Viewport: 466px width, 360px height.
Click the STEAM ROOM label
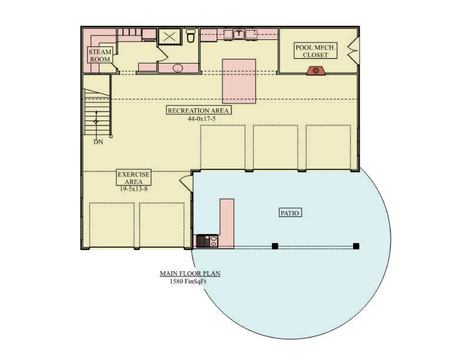(x=100, y=55)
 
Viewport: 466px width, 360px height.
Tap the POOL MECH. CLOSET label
(x=315, y=51)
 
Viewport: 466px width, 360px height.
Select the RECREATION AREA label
(x=198, y=111)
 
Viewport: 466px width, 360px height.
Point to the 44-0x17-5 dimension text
(x=202, y=119)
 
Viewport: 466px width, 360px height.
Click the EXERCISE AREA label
(x=133, y=178)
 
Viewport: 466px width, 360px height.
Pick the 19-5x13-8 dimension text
(x=134, y=189)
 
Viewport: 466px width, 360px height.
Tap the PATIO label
(x=290, y=213)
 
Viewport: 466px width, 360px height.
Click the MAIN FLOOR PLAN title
(x=190, y=274)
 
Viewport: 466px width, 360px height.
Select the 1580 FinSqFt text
(x=188, y=282)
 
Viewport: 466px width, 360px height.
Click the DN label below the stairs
(x=98, y=142)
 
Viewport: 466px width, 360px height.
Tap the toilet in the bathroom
(x=191, y=36)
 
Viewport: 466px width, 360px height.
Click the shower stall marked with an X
(x=169, y=37)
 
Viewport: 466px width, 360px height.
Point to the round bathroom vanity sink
(x=178, y=68)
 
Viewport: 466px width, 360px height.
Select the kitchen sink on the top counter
(x=239, y=35)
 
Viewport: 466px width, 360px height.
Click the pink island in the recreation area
(x=239, y=81)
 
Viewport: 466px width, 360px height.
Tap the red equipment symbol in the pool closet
(x=316, y=71)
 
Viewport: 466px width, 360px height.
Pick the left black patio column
(x=275, y=246)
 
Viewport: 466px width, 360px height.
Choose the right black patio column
(x=356, y=246)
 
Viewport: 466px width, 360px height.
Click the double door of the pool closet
(x=354, y=51)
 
